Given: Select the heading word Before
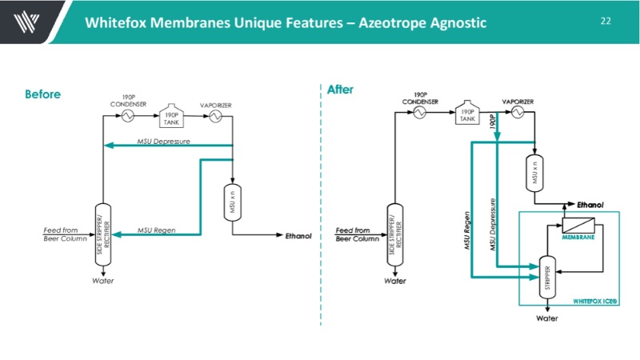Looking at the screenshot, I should coord(42,94).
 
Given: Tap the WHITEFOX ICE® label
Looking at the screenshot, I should coord(594,301).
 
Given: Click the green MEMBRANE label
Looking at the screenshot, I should coord(576,238).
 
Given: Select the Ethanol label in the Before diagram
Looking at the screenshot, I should coord(298,236).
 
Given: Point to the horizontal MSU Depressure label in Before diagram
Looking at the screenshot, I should coord(164,141).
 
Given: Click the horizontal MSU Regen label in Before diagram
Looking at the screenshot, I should coord(157,230).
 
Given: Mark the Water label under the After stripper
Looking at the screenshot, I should coord(546,318).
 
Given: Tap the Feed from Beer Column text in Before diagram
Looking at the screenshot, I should coord(65,234).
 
